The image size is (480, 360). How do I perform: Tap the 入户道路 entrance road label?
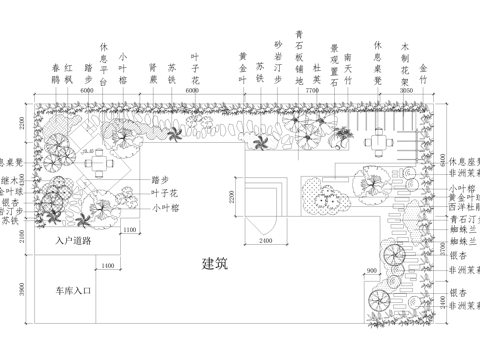click(74, 240)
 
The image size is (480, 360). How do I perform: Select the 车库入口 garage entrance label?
click(73, 291)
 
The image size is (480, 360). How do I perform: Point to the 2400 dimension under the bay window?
click(262, 240)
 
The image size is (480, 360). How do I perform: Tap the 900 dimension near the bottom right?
click(373, 271)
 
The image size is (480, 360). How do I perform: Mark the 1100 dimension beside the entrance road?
click(129, 230)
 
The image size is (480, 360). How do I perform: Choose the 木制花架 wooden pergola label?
click(405, 58)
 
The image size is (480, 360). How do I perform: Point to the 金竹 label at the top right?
click(423, 70)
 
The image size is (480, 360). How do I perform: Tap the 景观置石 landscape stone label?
click(334, 59)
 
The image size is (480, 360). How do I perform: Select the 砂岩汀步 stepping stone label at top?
click(278, 58)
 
